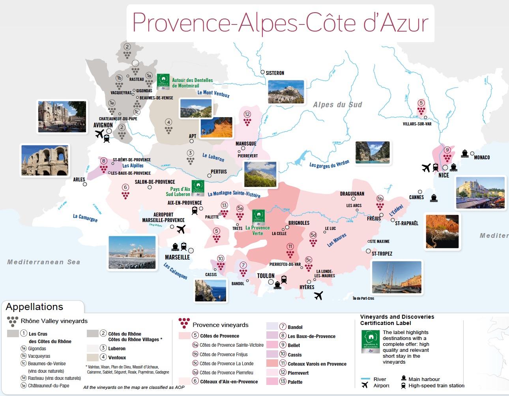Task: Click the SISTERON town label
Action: pos(275,73)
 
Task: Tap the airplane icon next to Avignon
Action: pos(99,134)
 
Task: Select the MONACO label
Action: pos(482,157)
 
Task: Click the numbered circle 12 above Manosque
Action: pos(247,114)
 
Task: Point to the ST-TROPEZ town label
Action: pos(382,254)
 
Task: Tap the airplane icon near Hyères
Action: pos(318,295)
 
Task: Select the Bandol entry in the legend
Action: pos(295,327)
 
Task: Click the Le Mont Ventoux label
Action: pos(213,93)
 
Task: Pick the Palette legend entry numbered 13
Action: pos(295,382)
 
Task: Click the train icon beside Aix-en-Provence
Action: pos(195,211)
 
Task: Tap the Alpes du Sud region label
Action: pos(337,105)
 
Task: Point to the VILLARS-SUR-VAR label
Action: pos(417,124)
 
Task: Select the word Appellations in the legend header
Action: pos(34,307)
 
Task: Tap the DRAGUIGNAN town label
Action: pos(352,194)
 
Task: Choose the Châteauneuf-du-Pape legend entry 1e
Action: pos(48,386)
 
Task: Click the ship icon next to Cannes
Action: pos(434,198)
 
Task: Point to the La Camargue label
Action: pos(85,217)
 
